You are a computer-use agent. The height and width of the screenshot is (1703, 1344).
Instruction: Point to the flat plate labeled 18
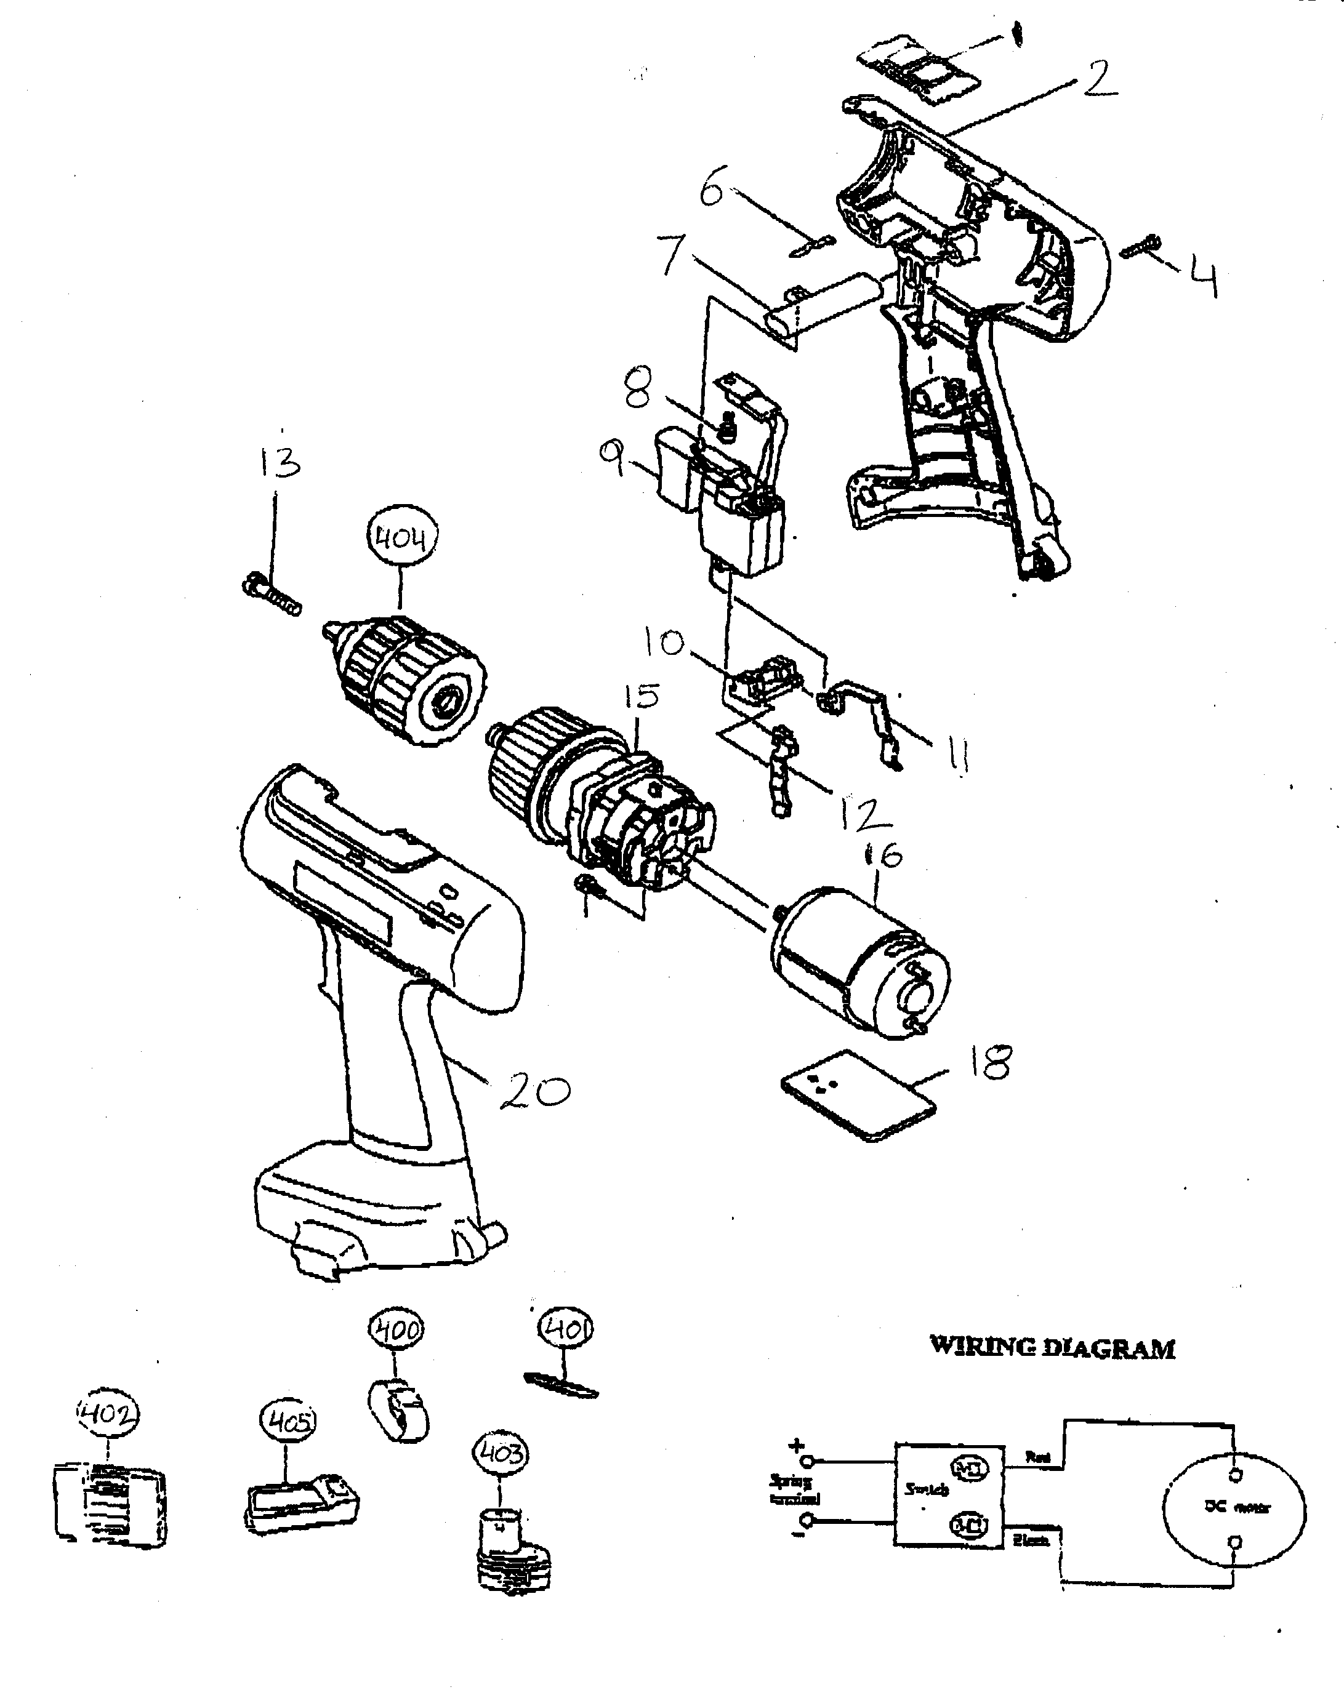point(858,1094)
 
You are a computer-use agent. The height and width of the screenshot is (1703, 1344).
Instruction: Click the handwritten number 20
point(535,1091)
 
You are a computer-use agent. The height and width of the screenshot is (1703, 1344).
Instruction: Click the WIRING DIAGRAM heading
point(1052,1347)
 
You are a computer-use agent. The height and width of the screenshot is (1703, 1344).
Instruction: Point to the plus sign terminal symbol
point(797,1445)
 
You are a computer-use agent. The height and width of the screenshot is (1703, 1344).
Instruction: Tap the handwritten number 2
point(1098,80)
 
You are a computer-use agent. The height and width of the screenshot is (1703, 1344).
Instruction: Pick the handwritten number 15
point(642,698)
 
